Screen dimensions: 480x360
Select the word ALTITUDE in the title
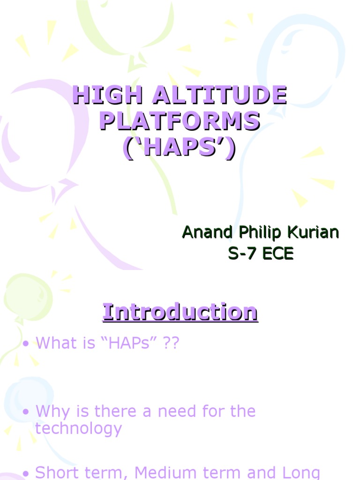click(x=212, y=96)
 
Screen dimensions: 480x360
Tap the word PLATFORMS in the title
click(x=180, y=122)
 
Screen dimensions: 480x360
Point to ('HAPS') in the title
click(x=179, y=148)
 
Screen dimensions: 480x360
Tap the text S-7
click(x=242, y=254)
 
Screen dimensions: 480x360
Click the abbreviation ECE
click(x=277, y=254)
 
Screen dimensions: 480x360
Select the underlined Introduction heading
click(x=180, y=312)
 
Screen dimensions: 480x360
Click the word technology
click(x=78, y=428)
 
